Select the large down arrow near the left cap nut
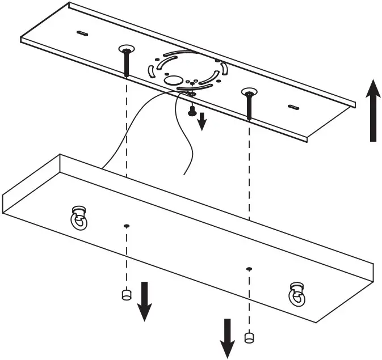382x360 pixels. coord(145,301)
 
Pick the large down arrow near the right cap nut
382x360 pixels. coord(228,338)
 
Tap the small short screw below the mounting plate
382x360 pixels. coord(192,111)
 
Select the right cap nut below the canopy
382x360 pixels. coord(248,337)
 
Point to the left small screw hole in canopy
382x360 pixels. coord(127,226)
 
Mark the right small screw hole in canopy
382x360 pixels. coord(249,268)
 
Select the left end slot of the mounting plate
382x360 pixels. coord(82,33)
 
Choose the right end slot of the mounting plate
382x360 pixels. coord(293,107)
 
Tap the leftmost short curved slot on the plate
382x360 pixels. coord(151,71)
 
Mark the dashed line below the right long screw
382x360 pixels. coord(249,170)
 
